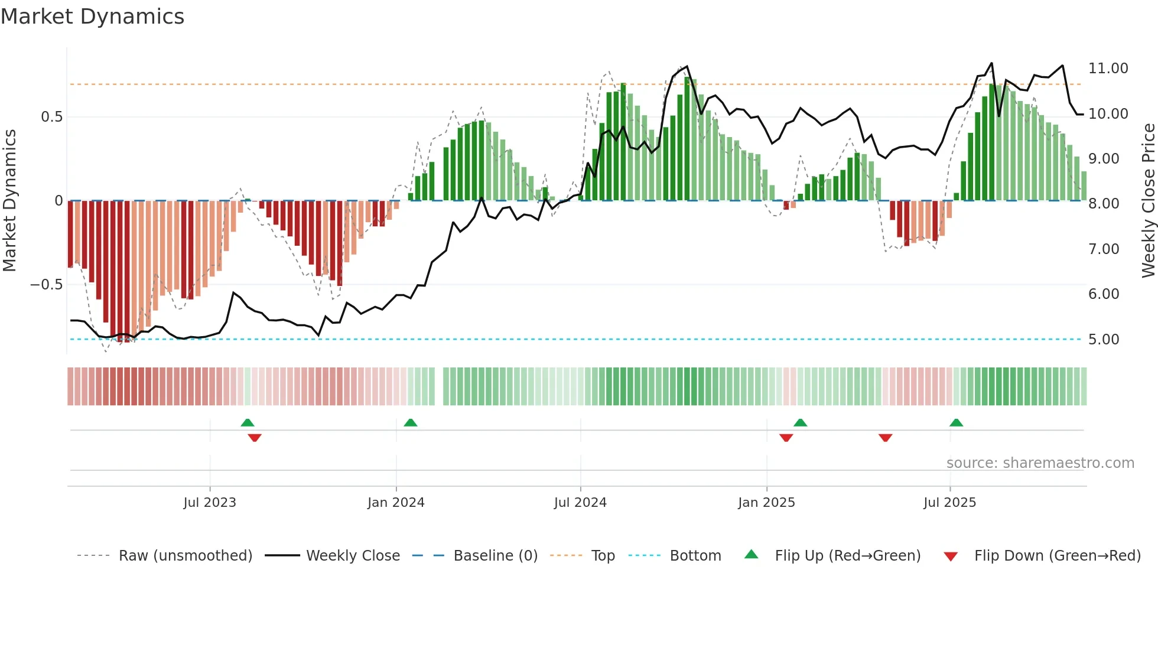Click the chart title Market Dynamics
[x=92, y=17]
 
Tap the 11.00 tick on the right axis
[x=1108, y=69]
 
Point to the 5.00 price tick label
[x=1104, y=340]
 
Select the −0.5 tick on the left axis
[x=46, y=285]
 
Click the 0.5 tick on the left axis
[x=51, y=117]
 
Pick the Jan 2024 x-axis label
[x=396, y=503]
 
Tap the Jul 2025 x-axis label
[x=949, y=503]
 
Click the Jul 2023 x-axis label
[x=209, y=503]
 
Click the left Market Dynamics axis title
[x=9, y=201]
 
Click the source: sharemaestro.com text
[x=1040, y=463]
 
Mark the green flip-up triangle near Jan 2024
[x=410, y=423]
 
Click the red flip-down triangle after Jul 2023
[x=255, y=438]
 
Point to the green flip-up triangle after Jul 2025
[x=956, y=423]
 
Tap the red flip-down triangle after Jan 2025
[x=786, y=438]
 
